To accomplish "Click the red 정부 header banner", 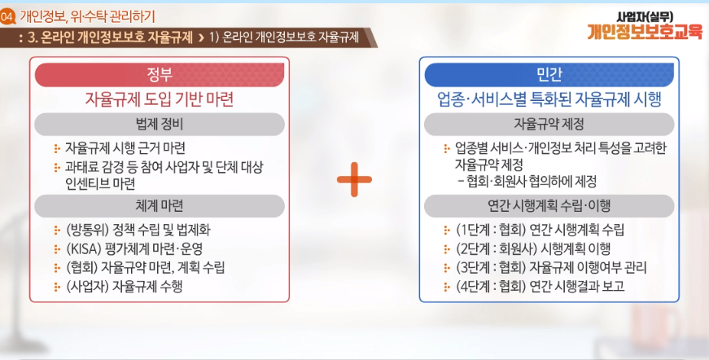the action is coord(160,75).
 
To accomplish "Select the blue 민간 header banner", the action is coord(549,75).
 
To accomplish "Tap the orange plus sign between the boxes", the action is coord(355,179).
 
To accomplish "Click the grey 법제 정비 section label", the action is coord(160,125).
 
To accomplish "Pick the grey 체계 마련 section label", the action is coord(160,206).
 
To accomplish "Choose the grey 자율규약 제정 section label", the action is coord(549,125).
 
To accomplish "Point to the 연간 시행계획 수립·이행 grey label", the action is coord(549,206).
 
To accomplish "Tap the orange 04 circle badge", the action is coord(7,17).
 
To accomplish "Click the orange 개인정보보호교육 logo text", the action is coord(645,32).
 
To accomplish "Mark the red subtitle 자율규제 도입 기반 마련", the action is coord(160,99).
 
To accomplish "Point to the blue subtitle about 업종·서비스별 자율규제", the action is coord(549,99).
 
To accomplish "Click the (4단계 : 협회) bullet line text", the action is coord(540,286).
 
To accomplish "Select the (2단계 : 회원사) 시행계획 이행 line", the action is coord(533,248).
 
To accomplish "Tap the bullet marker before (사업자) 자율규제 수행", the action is coord(57,287).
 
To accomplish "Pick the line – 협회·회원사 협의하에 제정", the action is coord(527,182).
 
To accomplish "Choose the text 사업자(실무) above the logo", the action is coord(645,17).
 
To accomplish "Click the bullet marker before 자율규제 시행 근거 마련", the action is coord(57,148).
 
